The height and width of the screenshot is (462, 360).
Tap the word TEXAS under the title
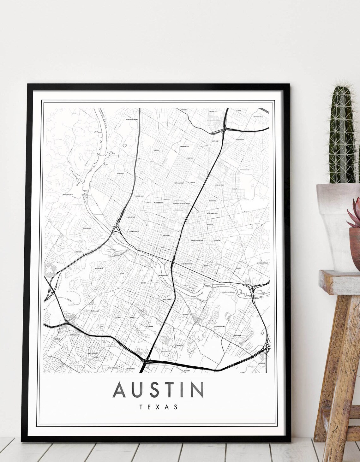tap(158, 407)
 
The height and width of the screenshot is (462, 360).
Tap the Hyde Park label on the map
tap(189, 158)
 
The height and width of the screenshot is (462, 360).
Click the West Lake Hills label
tap(68, 195)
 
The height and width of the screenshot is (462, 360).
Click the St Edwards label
tap(149, 327)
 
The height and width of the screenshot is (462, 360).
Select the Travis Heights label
tap(167, 299)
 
